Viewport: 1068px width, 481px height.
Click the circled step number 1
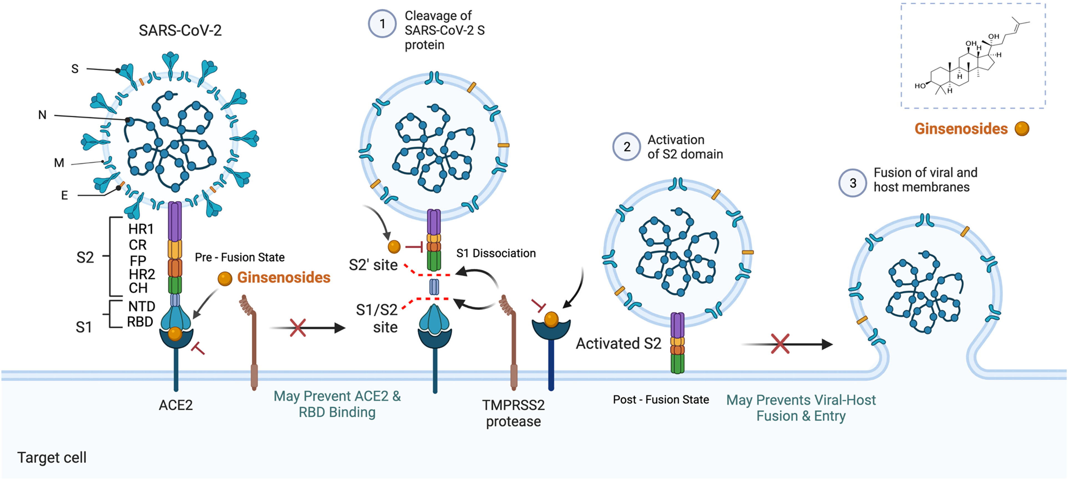[382, 24]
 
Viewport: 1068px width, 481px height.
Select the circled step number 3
[852, 183]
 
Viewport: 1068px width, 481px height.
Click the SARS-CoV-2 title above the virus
[180, 30]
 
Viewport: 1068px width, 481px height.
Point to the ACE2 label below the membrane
[176, 405]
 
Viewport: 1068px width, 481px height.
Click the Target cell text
[52, 457]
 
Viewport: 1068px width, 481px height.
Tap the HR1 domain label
[141, 229]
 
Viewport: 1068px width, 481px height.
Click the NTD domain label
[142, 307]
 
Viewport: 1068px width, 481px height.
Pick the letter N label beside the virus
[42, 115]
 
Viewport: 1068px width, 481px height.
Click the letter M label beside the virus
[59, 163]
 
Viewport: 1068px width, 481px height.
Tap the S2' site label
[373, 265]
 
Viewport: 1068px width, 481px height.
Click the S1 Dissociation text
[496, 253]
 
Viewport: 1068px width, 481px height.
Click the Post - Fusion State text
[661, 399]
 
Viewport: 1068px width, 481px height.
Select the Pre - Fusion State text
[240, 257]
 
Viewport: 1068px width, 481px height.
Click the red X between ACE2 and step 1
[298, 328]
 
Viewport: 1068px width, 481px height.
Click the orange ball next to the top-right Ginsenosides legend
[1022, 128]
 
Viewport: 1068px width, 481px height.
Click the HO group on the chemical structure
[920, 86]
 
